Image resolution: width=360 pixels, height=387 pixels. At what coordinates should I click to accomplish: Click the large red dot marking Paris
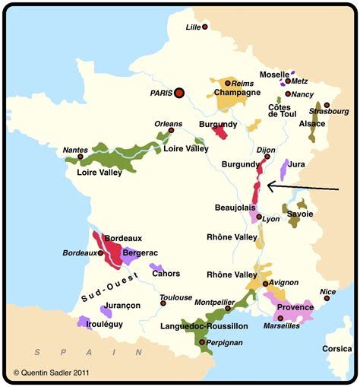(x=179, y=93)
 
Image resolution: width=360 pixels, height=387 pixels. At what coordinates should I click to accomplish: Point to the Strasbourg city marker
(x=327, y=105)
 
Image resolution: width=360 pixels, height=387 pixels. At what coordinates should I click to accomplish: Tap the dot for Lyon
(x=259, y=217)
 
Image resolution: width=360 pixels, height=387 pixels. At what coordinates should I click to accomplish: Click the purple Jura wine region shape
(x=285, y=169)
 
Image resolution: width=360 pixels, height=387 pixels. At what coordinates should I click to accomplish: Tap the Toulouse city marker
(x=163, y=303)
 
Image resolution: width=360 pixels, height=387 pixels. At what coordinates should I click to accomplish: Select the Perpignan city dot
(x=201, y=343)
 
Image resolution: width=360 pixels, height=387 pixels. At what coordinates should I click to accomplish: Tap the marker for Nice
(x=323, y=300)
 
